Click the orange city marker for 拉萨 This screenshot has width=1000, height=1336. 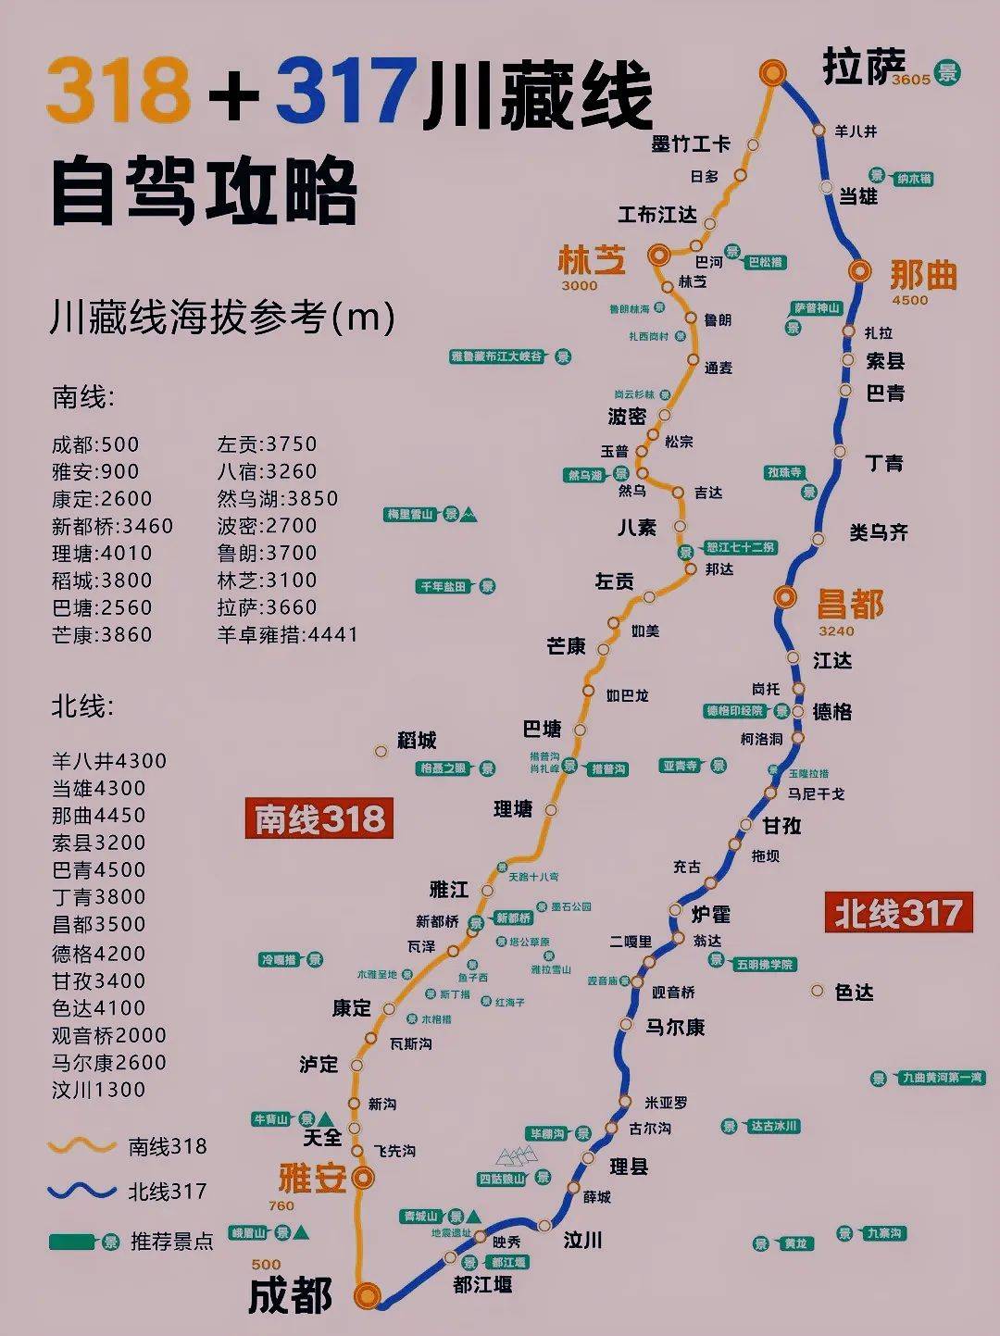(x=771, y=72)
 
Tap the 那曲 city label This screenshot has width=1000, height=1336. (x=922, y=275)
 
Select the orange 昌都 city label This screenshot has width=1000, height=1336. (x=849, y=605)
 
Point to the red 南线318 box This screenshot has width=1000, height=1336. (x=319, y=818)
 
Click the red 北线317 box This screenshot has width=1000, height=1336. (x=898, y=913)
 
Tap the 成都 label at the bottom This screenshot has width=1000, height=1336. (x=290, y=1295)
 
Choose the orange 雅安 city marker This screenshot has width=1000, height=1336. (x=364, y=1178)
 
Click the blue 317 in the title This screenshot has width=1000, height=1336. (x=345, y=91)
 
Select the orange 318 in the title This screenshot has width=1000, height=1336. (x=118, y=91)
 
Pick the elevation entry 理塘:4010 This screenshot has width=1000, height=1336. (x=102, y=553)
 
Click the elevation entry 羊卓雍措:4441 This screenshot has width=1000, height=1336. (x=287, y=634)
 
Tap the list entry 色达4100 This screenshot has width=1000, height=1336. (x=98, y=1007)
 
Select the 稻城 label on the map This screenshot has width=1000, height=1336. (x=417, y=740)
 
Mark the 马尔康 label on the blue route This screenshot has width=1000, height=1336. (x=675, y=1027)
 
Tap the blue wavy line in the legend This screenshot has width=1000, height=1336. (x=81, y=1192)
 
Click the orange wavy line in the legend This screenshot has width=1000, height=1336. (x=81, y=1146)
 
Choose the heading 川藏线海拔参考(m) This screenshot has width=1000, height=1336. (x=223, y=317)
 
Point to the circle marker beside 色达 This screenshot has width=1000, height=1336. (x=817, y=991)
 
